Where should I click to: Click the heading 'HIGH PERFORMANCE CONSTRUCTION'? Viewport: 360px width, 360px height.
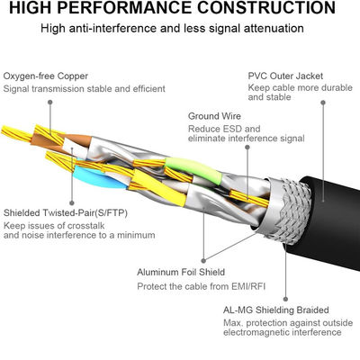180,11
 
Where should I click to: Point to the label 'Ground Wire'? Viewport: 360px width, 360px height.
215,116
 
